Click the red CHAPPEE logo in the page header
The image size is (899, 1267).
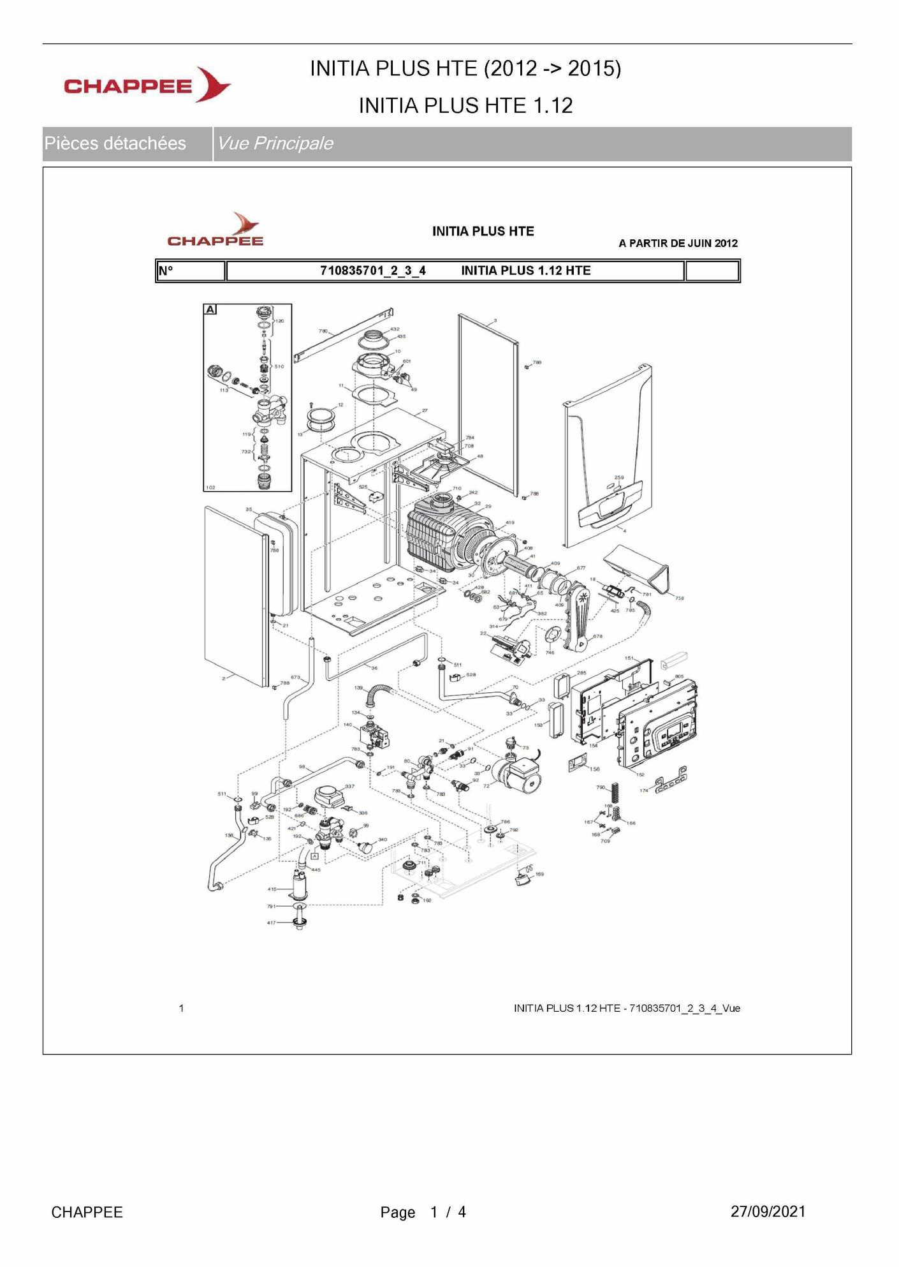(147, 85)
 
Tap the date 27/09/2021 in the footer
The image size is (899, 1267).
(768, 1211)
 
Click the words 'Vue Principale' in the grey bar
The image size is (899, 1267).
(275, 144)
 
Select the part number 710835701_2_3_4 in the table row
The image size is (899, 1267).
(373, 270)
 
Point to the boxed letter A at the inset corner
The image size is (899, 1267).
(210, 309)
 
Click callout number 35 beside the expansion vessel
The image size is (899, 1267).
(249, 510)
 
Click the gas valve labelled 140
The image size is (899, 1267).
(372, 737)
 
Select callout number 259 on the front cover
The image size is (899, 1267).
(619, 477)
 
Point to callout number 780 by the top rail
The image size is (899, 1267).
(323, 332)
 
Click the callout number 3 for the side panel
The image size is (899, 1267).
(495, 320)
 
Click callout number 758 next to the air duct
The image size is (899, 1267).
(680, 598)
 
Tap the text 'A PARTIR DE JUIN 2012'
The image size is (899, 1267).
(678, 243)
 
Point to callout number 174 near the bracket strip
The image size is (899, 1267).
(644, 791)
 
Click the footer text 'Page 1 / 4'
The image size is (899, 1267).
(423, 1212)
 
